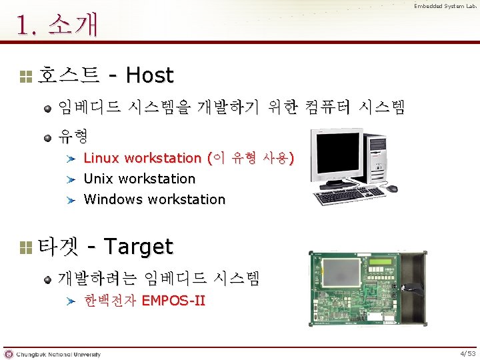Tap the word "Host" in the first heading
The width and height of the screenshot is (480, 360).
(149, 75)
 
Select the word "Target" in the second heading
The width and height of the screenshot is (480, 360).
(139, 247)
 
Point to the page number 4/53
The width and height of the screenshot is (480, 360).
(468, 353)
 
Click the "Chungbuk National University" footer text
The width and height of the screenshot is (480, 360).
(59, 354)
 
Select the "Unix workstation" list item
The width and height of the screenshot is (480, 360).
(139, 179)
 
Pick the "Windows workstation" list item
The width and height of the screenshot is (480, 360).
(155, 199)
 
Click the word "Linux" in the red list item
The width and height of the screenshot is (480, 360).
(101, 158)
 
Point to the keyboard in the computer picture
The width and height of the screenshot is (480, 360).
(348, 197)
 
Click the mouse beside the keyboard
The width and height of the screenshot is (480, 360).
(393, 189)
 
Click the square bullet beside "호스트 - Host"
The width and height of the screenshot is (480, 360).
(26, 76)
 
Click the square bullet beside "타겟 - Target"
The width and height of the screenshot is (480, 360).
(26, 247)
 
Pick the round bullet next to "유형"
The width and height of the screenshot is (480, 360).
(48, 139)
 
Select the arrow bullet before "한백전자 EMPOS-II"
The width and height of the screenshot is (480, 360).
(71, 301)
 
